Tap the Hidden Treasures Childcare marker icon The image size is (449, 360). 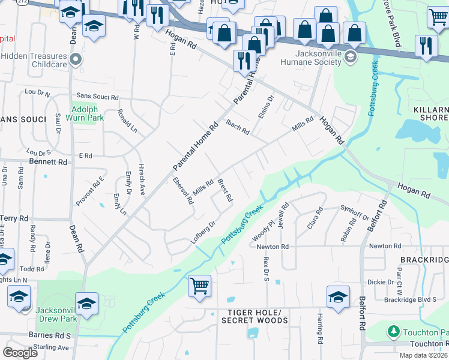[x=75, y=59]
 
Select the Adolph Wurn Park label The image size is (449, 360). [x=88, y=113]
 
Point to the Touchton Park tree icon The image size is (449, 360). [x=393, y=331]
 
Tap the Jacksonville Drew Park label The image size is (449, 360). [x=58, y=314]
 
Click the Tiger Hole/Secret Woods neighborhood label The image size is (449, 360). [x=251, y=317]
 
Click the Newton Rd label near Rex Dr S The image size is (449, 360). [x=273, y=247]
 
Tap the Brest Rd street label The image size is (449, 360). [x=224, y=190]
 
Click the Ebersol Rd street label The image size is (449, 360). [x=182, y=191]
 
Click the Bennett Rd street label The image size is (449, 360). [x=47, y=162]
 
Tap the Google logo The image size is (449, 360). [x=20, y=352]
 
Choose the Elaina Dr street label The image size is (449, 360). [x=265, y=106]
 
